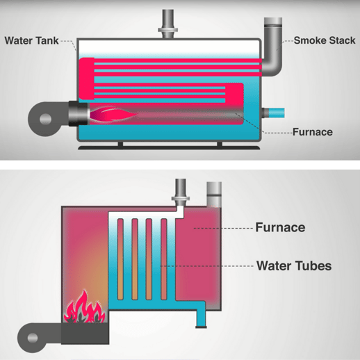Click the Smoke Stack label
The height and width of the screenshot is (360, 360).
pos(324,41)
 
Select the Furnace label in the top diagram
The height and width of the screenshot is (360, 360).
pos(312,131)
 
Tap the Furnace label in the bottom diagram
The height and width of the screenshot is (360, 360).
pos(280,227)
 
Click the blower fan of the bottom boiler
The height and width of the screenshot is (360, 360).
pos(34,338)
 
